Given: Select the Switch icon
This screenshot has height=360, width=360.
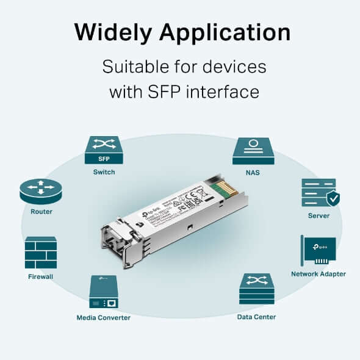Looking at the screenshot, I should pyautogui.click(x=104, y=150).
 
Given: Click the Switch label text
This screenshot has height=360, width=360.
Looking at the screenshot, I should pyautogui.click(x=104, y=172).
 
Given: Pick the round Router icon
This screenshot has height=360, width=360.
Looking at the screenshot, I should pyautogui.click(x=41, y=191).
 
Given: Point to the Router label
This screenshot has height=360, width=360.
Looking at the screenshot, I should pyautogui.click(x=41, y=212).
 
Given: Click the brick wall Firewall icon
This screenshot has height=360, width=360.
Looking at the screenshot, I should pyautogui.click(x=41, y=253).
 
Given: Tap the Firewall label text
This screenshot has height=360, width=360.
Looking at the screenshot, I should pyautogui.click(x=41, y=276).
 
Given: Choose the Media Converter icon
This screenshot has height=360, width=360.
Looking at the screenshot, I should pyautogui.click(x=103, y=292).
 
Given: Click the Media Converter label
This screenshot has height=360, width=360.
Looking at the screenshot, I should pyautogui.click(x=103, y=317).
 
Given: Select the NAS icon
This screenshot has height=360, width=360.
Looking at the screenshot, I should pyautogui.click(x=253, y=151).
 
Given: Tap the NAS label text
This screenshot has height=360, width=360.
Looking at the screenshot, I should pyautogui.click(x=253, y=173).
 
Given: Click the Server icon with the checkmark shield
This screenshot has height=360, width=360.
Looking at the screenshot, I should pyautogui.click(x=319, y=193).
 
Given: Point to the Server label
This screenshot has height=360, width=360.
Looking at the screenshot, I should pyautogui.click(x=319, y=215).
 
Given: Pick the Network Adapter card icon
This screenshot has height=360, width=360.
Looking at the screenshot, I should pyautogui.click(x=319, y=250).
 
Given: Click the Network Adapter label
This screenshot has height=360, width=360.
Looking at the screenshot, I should pyautogui.click(x=319, y=274).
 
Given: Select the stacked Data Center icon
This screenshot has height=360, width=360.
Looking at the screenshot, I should pyautogui.click(x=256, y=289).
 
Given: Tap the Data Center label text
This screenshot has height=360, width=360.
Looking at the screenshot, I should pyautogui.click(x=256, y=317).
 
